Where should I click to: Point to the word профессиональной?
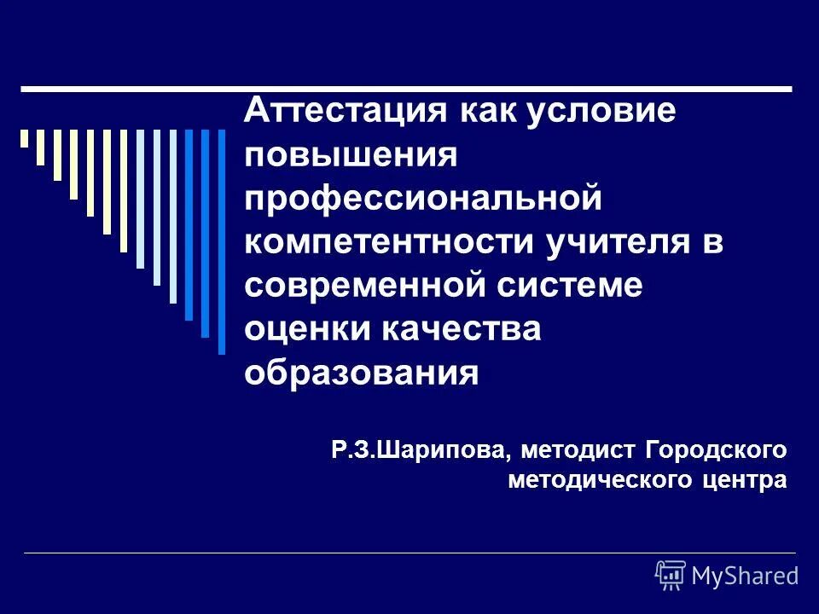click(x=423, y=200)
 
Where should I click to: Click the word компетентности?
click(x=387, y=242)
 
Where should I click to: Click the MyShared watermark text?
click(x=745, y=576)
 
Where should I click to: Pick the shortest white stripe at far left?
click(x=25, y=138)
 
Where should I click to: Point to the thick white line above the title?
click(x=406, y=89)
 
